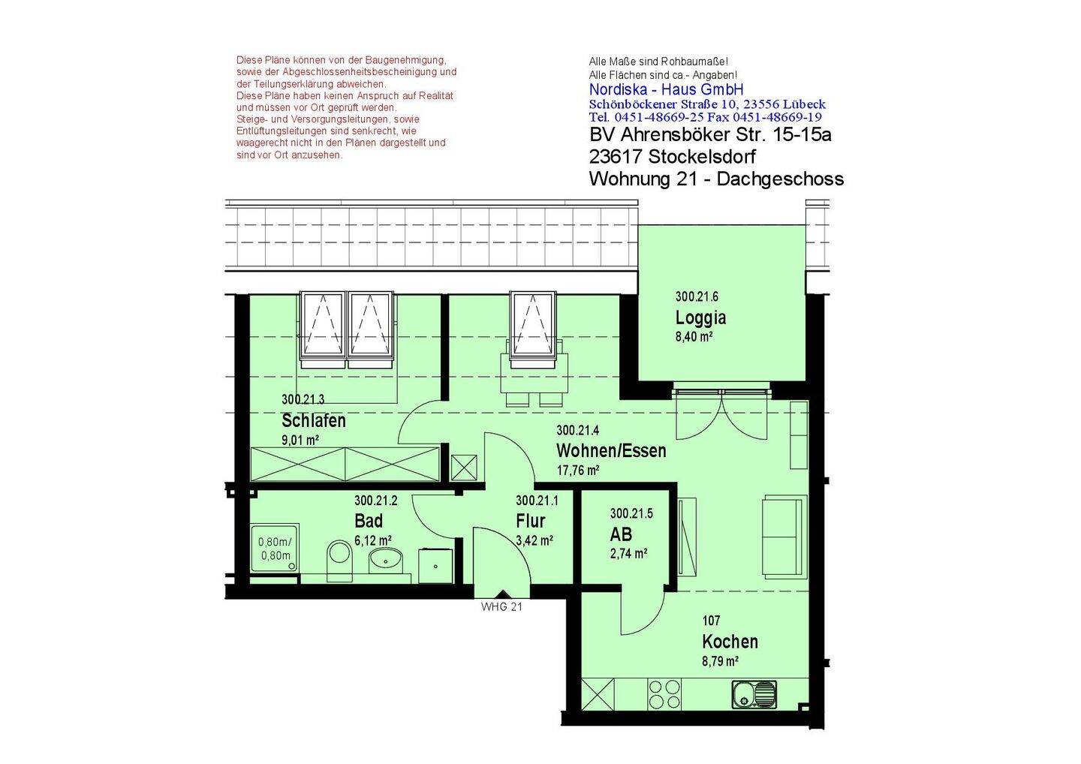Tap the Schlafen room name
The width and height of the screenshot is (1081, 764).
[314, 420]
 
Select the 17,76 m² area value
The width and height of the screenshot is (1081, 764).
[578, 471]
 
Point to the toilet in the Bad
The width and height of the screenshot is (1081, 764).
[340, 561]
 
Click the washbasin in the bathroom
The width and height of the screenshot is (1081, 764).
[386, 561]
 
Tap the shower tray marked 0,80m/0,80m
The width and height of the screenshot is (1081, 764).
[275, 548]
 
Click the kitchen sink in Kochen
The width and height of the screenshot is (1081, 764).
[754, 694]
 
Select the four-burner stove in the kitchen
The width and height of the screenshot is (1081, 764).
[664, 694]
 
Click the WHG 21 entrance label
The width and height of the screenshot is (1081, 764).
[501, 606]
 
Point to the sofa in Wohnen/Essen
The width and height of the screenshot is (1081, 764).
[784, 536]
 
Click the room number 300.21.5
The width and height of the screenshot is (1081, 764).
[631, 513]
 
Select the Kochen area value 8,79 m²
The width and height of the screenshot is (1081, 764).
[720, 661]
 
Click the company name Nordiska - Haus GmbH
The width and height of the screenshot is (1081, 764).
[666, 89]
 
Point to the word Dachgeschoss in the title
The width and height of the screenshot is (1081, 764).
[780, 179]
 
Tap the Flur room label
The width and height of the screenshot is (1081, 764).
[530, 521]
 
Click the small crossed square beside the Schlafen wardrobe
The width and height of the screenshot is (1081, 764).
[464, 468]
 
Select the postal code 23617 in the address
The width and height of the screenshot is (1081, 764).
[616, 157]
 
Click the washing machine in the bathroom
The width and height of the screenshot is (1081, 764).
[435, 566]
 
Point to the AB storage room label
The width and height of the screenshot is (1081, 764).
[621, 534]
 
